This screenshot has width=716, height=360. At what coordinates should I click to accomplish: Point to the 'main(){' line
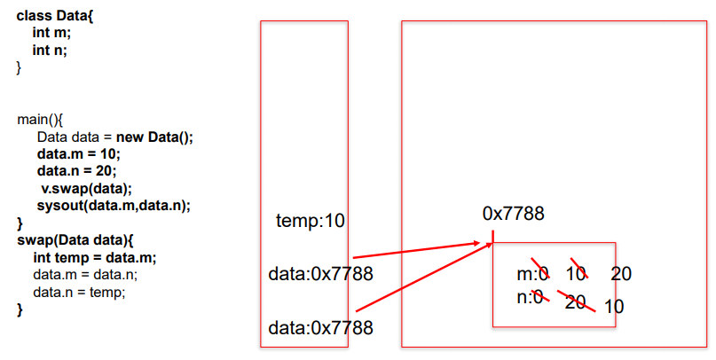pos(41,120)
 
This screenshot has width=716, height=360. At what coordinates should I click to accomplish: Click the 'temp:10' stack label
pos(310,220)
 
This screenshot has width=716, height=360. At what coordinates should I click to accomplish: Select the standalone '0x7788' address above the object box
pos(513,214)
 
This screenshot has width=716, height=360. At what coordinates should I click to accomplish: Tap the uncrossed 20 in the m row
pos(621,274)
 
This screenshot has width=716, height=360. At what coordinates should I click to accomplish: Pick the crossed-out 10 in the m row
pos(576,274)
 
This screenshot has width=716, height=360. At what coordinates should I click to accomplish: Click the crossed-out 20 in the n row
pos(576,301)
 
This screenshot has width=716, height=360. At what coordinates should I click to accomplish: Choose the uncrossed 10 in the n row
pos(614,307)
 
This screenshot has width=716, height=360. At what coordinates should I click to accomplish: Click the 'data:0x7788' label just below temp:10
pos(320,274)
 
